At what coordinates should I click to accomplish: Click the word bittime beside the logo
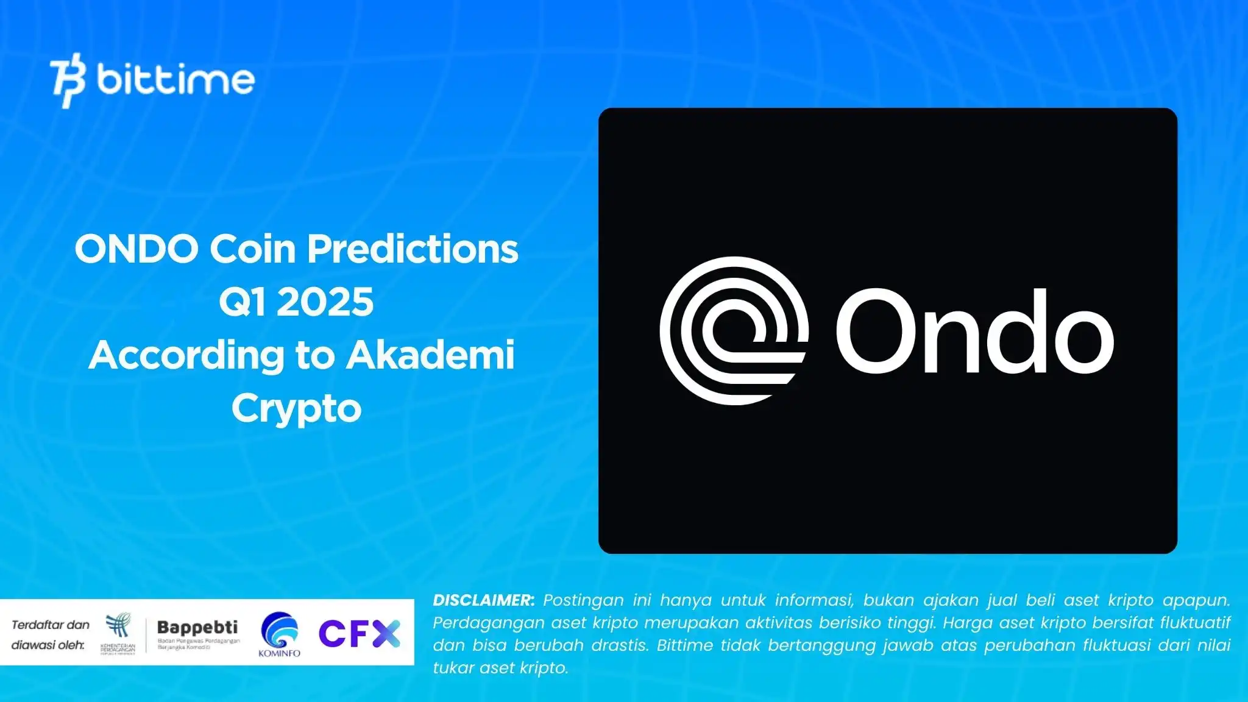coord(175,80)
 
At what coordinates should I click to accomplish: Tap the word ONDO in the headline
coord(136,249)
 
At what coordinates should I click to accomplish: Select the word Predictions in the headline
coord(413,249)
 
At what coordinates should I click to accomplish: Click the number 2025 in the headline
coord(325,302)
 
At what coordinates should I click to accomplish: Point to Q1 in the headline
coord(242,302)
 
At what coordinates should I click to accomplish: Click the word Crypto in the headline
coord(296,408)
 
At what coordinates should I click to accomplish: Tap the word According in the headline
coord(186,355)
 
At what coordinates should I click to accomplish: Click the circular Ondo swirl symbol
coord(734,331)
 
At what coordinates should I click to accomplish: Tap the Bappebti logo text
coord(197,628)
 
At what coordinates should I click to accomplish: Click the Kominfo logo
coord(279,634)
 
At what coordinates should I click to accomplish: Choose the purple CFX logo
coord(359,633)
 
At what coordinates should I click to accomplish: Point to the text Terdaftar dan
coord(51,625)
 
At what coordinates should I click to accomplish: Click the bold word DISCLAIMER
coord(483,600)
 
